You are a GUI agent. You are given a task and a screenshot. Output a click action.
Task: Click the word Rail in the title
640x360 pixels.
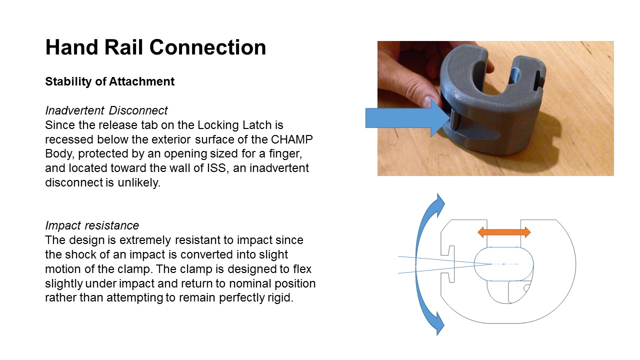coord(123,47)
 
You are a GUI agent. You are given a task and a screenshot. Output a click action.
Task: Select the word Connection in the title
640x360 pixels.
coord(207,47)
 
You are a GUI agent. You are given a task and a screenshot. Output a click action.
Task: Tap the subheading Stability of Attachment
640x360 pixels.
coord(109,81)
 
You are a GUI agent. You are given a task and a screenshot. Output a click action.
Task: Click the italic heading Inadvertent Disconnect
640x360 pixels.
coord(106,110)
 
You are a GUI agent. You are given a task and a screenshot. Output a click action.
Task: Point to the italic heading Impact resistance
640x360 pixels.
coord(92,225)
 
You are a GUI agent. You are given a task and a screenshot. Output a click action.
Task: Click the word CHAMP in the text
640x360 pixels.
coord(291,139)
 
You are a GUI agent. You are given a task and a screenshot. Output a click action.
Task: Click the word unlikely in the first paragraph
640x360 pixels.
coord(139,182)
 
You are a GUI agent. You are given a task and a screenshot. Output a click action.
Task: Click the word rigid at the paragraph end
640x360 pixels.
coord(280,297)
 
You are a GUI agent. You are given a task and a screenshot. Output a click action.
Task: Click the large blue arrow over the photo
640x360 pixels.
coord(407,118)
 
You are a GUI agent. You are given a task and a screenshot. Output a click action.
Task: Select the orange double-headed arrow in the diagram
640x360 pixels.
coord(504,232)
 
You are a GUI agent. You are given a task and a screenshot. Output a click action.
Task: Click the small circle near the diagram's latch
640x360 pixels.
coord(527,288)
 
